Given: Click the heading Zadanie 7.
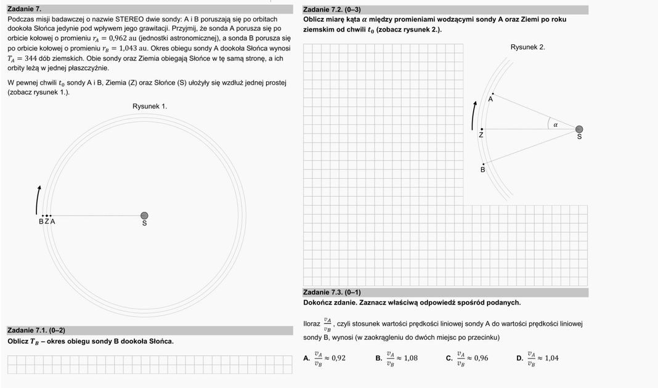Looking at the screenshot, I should click(25, 9).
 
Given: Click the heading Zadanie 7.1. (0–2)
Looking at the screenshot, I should click(36, 331).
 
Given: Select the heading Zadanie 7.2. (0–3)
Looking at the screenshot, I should click(332, 9).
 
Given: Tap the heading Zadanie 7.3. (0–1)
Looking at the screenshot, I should click(332, 293).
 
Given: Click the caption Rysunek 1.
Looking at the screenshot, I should click(150, 107).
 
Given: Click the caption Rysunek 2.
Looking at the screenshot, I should click(527, 47).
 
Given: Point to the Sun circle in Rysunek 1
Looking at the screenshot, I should click(144, 216).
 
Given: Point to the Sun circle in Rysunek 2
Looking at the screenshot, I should click(579, 129).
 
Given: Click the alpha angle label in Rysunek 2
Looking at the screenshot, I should click(555, 124).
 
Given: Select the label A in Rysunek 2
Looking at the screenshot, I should click(490, 100).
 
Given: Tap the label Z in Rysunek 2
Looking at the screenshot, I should click(481, 135).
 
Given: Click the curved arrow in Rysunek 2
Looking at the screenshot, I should click(473, 114).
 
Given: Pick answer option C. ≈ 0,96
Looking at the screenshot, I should click(467, 358).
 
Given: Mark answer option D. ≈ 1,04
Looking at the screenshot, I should click(537, 358).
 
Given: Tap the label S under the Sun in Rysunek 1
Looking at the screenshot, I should click(145, 224).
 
